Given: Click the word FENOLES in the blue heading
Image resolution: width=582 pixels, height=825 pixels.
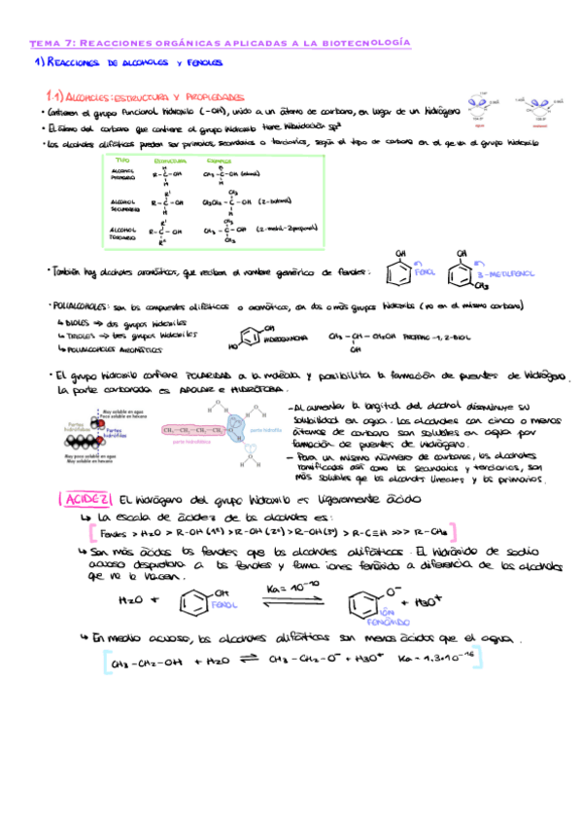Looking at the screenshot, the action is [205, 63].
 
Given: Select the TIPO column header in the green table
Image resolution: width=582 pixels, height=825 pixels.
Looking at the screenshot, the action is [122, 160].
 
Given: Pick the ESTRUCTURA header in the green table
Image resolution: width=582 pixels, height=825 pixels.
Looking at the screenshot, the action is [170, 160].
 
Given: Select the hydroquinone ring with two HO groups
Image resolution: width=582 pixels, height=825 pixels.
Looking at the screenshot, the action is [251, 339].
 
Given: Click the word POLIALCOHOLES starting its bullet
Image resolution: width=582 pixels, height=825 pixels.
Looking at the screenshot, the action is [81, 306].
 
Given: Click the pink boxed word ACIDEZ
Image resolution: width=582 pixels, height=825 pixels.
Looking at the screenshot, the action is [88, 499].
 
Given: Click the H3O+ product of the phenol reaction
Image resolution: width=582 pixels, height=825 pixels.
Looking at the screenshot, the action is [420, 602].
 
